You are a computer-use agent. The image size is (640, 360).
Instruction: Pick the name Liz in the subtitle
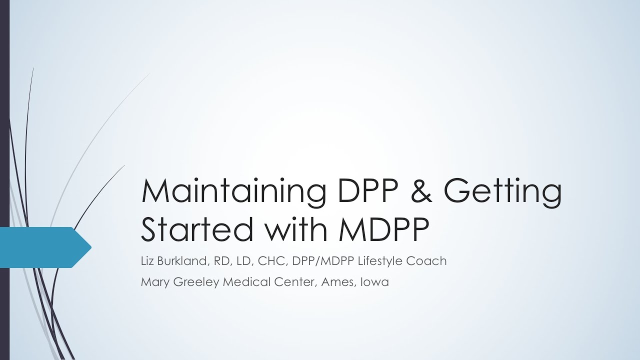pos(149,260)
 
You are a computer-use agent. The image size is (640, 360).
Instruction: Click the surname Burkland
pos(183,260)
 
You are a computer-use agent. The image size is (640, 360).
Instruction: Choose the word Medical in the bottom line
pos(245,281)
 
